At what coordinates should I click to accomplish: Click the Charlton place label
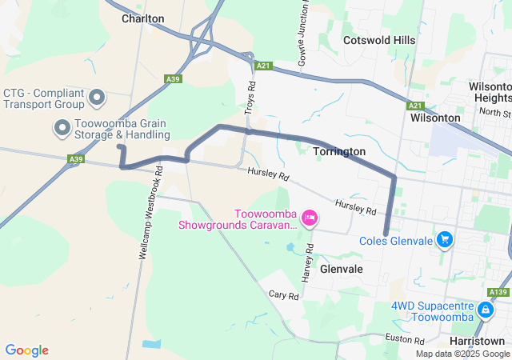coord(143,18)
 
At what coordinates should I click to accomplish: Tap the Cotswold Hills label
coord(379,40)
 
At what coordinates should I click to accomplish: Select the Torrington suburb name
coord(339,151)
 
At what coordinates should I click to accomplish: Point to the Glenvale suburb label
coord(342,269)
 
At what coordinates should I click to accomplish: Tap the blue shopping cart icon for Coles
coord(446,239)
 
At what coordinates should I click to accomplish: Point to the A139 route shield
coord(499,293)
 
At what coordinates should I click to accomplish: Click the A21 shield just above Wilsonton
coord(414,106)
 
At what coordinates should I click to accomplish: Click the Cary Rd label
coord(283,296)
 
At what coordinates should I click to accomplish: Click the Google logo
coord(26,350)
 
